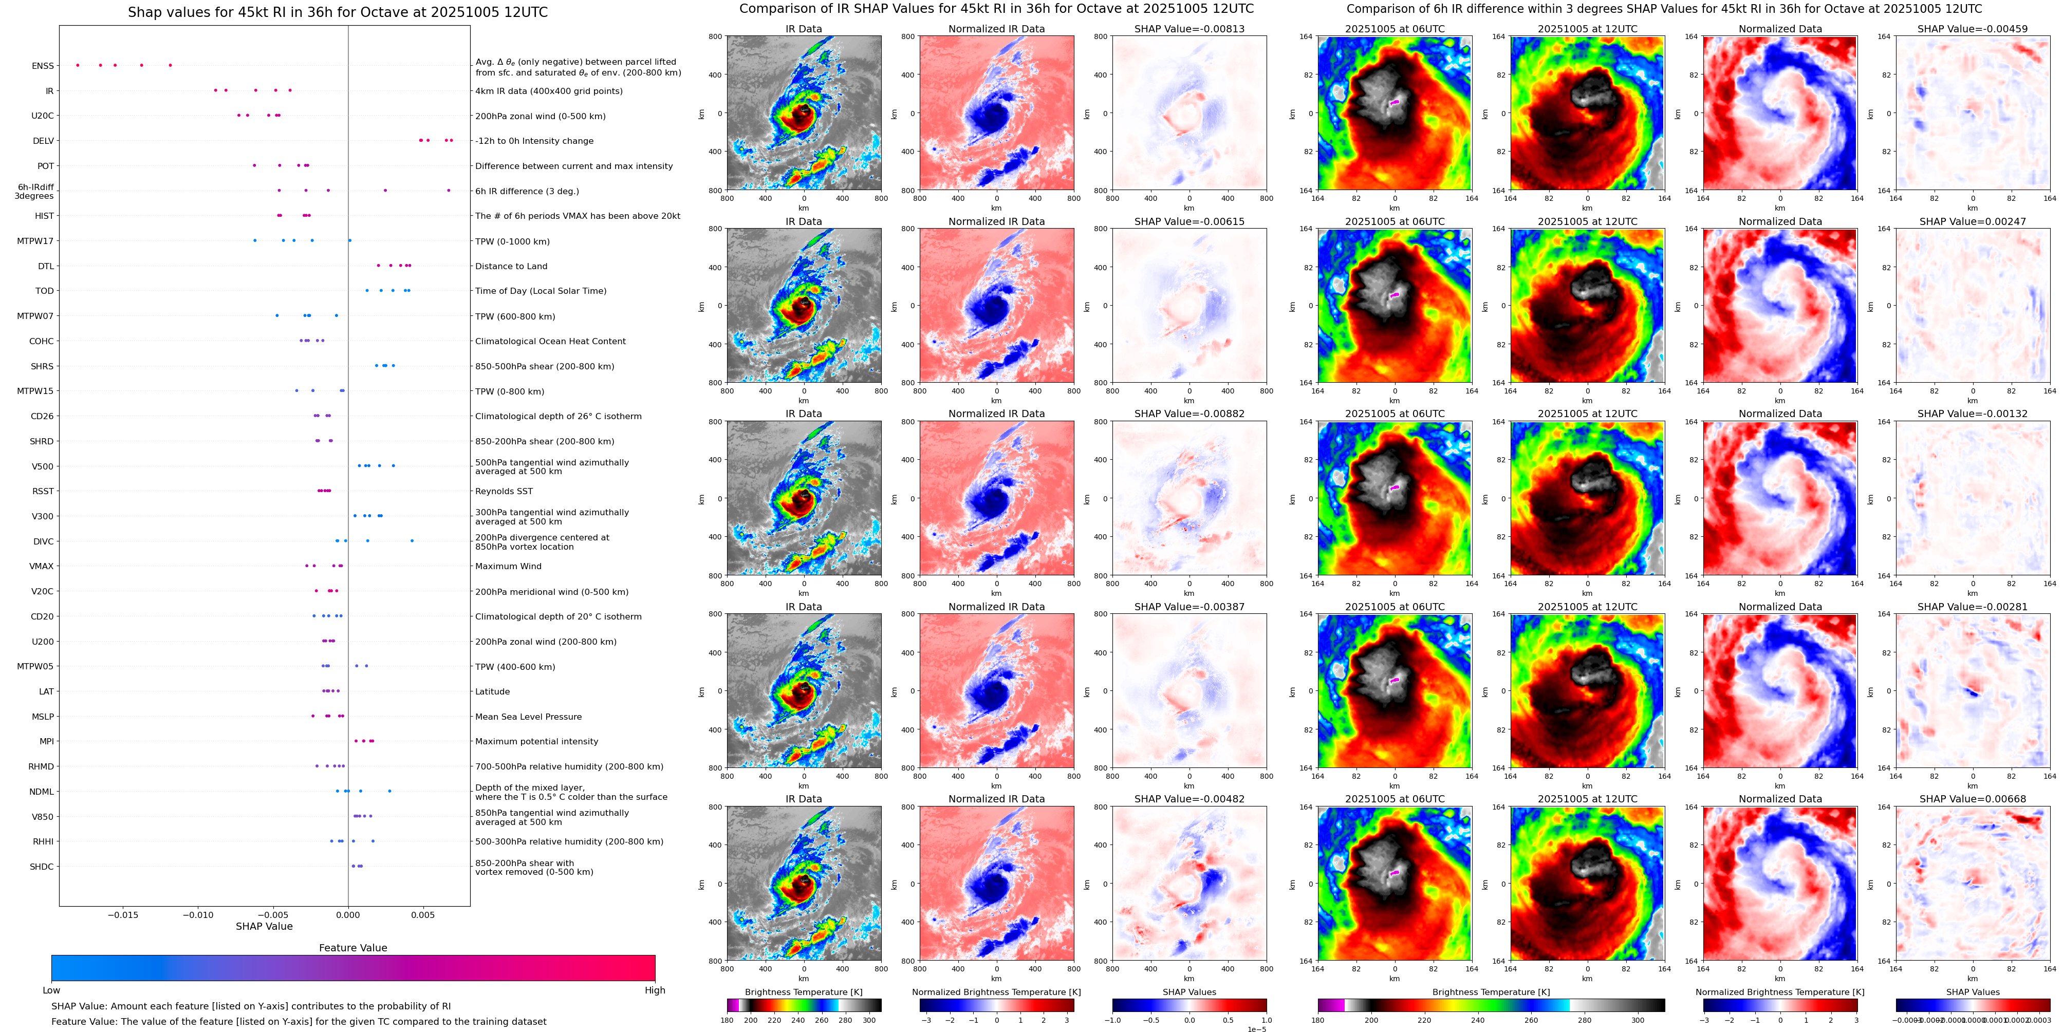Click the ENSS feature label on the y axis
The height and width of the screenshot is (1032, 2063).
(43, 66)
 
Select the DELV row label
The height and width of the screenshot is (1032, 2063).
(43, 141)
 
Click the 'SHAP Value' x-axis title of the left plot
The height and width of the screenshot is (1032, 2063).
(264, 926)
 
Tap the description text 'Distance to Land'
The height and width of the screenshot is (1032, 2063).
(511, 266)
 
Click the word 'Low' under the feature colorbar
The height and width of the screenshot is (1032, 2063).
(51, 990)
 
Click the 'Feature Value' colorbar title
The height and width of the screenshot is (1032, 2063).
(352, 948)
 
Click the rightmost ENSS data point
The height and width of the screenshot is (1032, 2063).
(170, 65)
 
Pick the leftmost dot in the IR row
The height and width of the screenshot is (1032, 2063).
(215, 90)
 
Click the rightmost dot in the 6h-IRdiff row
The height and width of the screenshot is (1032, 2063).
(449, 191)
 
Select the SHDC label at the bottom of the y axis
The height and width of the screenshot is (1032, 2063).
(42, 866)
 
